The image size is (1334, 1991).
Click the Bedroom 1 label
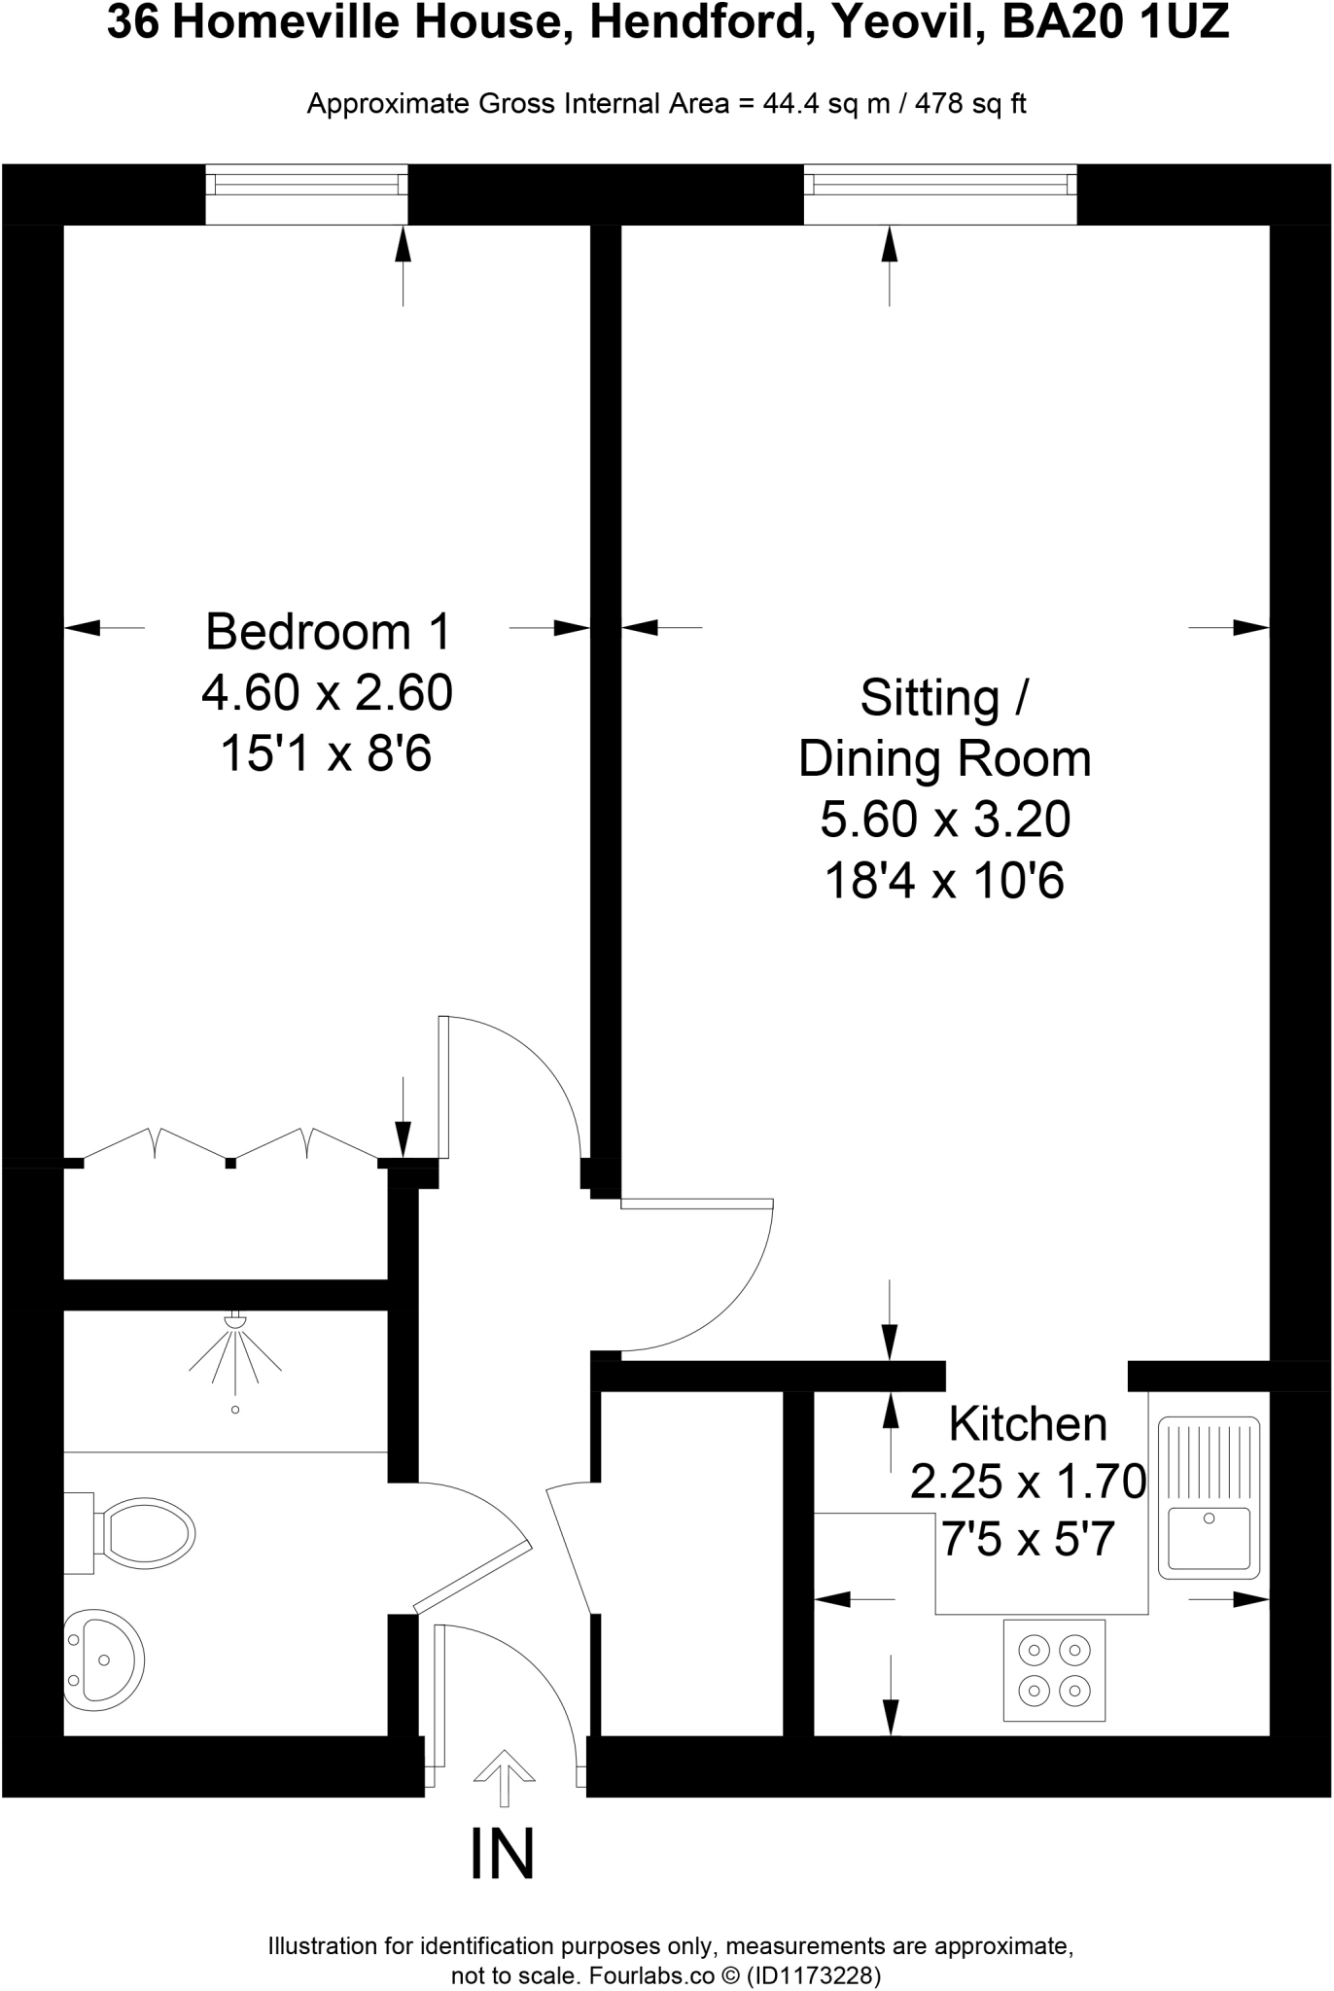pos(328,632)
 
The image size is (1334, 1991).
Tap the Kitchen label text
pos(1028,1424)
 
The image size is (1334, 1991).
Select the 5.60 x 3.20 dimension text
pos(944,819)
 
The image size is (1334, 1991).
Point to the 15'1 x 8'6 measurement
pos(326,753)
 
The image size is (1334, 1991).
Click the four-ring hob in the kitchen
pos(1054,1670)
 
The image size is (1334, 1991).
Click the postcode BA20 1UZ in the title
pos(1115,23)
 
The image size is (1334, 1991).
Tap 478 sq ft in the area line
pos(970,104)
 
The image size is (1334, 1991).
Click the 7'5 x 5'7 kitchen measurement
pos(1028,1540)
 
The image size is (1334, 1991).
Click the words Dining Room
pos(944,759)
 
